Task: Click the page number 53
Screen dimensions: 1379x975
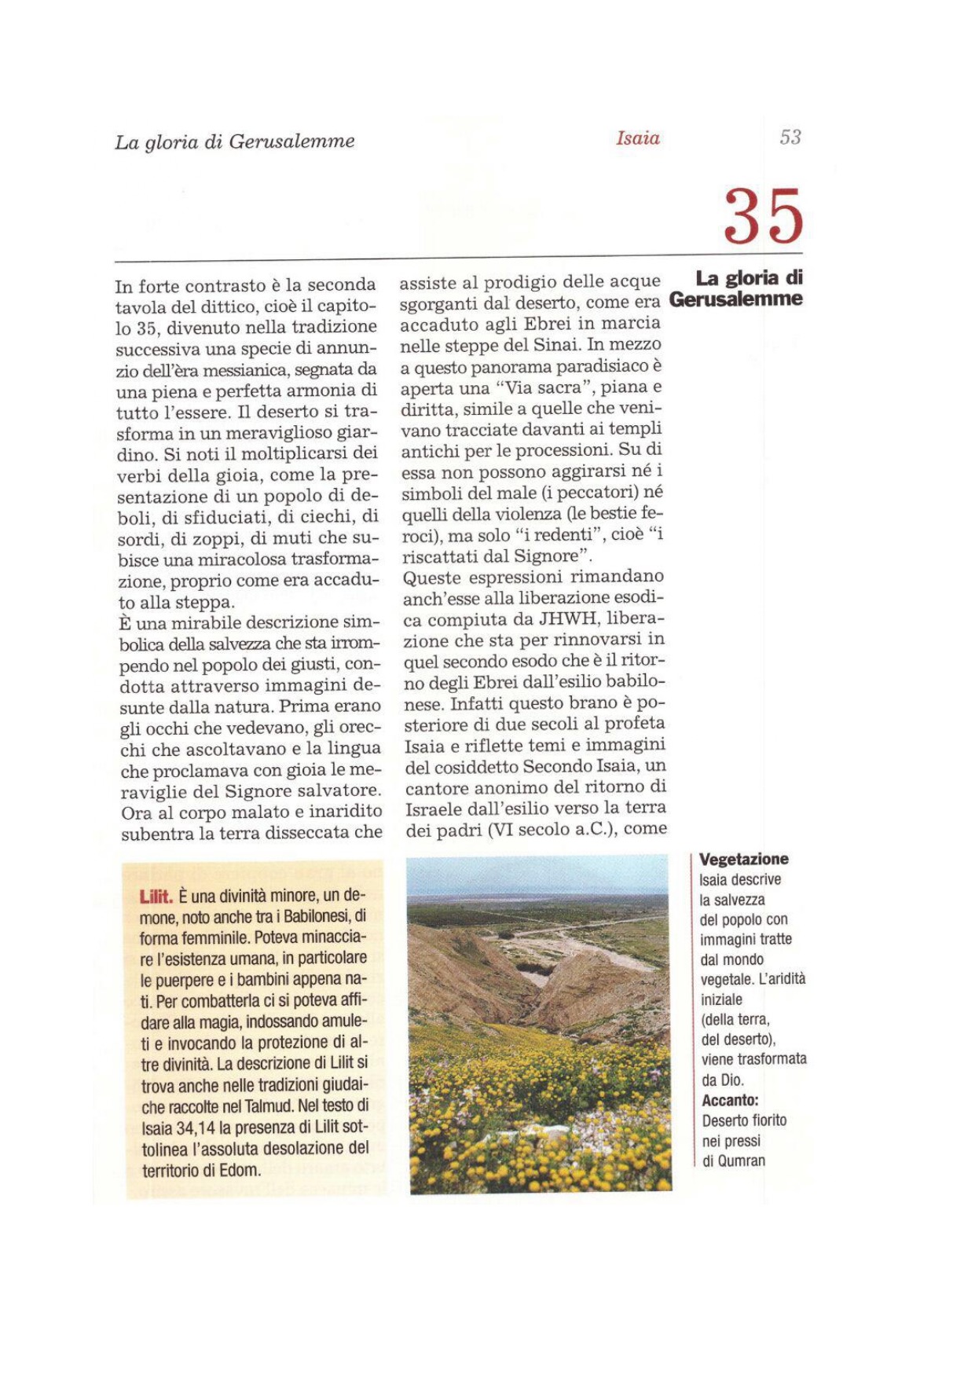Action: (x=790, y=138)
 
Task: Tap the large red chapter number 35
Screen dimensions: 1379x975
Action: (x=763, y=216)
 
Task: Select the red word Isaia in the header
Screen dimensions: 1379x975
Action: (x=637, y=139)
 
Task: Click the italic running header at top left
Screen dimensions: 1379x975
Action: (x=234, y=142)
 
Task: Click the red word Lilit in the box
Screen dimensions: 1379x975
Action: (x=156, y=897)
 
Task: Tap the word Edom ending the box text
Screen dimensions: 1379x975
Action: (x=240, y=1170)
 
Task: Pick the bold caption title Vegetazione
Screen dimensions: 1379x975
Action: (x=743, y=860)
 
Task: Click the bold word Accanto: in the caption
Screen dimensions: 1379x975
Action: (x=730, y=1100)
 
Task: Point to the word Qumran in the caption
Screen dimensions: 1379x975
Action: (x=742, y=1161)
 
